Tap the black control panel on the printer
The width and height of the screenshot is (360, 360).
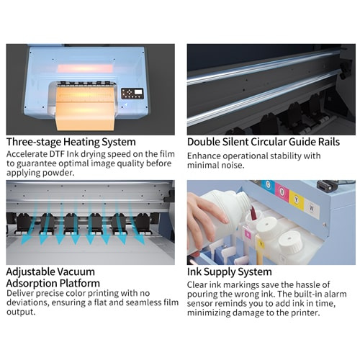pos(132,94)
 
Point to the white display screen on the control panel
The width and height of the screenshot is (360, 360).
pos(138,92)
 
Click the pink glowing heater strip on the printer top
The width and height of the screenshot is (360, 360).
pos(85,68)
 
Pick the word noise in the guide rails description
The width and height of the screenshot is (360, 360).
pos(233,166)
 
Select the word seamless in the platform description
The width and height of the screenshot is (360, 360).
pos(143,302)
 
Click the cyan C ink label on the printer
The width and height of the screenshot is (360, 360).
pos(268,185)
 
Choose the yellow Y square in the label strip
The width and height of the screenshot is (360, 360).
pos(297,199)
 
